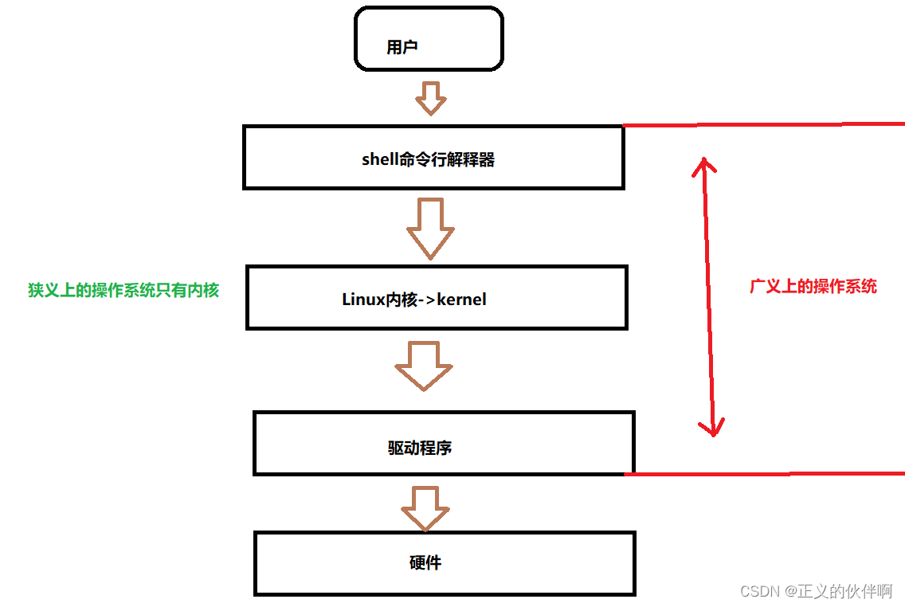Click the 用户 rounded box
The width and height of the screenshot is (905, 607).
pyautogui.click(x=429, y=39)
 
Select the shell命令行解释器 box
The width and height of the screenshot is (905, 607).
pyautogui.click(x=433, y=158)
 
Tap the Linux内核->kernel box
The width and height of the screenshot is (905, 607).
pyautogui.click(x=437, y=298)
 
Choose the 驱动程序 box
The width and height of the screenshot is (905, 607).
pyautogui.click(x=444, y=444)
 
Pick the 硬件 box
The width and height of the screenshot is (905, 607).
pyautogui.click(x=445, y=564)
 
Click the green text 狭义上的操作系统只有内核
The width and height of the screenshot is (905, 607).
pyautogui.click(x=123, y=290)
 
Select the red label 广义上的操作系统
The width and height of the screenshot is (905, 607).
pyautogui.click(x=813, y=286)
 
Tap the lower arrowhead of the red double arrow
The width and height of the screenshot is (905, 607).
pyautogui.click(x=711, y=427)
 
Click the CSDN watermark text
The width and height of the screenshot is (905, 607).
pyautogui.click(x=817, y=591)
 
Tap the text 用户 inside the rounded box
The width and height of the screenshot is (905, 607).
pyautogui.click(x=402, y=47)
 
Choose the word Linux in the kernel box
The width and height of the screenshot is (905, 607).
pyautogui.click(x=363, y=300)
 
